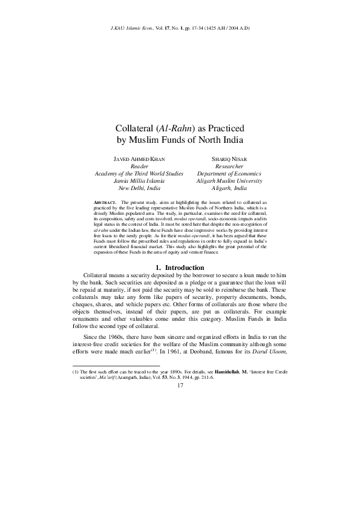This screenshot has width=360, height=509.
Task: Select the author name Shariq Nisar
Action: point(229,158)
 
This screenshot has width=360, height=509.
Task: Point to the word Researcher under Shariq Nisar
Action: point(229,165)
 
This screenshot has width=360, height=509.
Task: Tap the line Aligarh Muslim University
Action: point(229,180)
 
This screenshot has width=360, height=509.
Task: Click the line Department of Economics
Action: point(229,173)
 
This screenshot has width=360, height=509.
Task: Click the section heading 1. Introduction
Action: point(180,268)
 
